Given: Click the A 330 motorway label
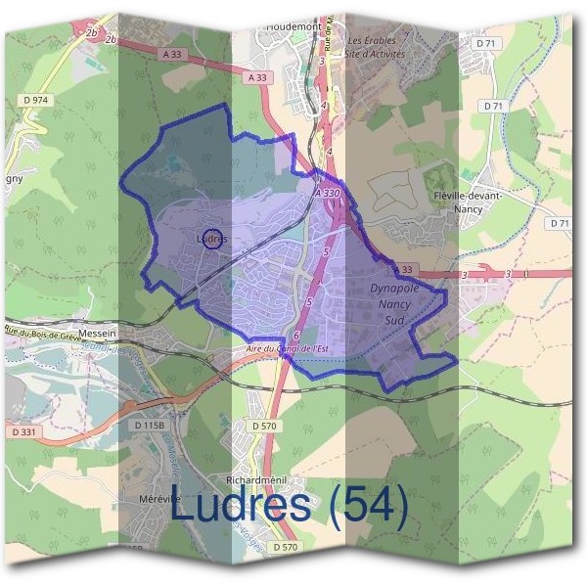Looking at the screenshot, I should [x=328, y=194].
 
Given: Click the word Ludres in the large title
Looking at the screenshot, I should [x=242, y=505].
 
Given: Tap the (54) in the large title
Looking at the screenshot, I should [x=369, y=505].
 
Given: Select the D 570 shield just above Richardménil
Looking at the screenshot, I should [x=265, y=426].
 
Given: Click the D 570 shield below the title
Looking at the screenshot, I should [x=285, y=547].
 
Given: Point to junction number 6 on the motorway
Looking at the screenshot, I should [x=295, y=337].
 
